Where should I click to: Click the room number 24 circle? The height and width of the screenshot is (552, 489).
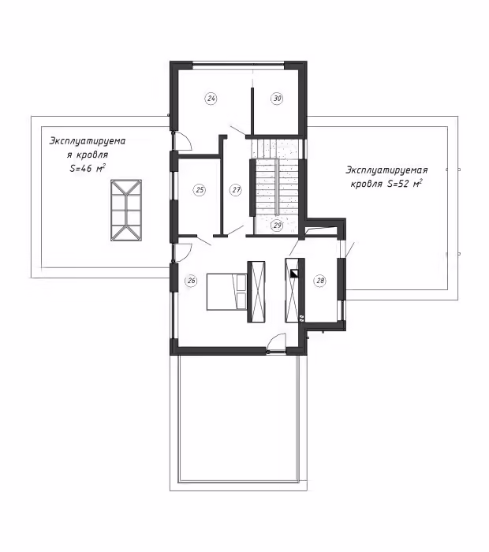click(x=211, y=99)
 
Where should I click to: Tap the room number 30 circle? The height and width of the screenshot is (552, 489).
click(x=278, y=99)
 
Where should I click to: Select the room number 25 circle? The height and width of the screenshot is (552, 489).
click(x=200, y=190)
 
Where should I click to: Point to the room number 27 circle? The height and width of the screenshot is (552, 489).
click(x=237, y=190)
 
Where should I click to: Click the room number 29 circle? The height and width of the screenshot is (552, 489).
click(x=278, y=225)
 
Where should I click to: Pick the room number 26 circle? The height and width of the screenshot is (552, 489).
click(x=191, y=281)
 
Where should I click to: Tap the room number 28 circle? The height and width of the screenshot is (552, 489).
click(x=320, y=281)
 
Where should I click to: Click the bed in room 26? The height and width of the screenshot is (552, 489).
click(x=226, y=292)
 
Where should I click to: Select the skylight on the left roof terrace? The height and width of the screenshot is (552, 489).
click(x=126, y=211)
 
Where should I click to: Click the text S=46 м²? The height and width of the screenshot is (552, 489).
click(x=88, y=168)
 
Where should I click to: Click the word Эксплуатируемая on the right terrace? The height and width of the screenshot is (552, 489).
click(x=386, y=170)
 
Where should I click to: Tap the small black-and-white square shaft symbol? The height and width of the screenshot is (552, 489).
click(x=294, y=274)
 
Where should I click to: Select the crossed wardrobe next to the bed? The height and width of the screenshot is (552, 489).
click(x=256, y=292)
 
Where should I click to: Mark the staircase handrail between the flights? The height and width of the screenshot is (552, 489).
click(x=277, y=186)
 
